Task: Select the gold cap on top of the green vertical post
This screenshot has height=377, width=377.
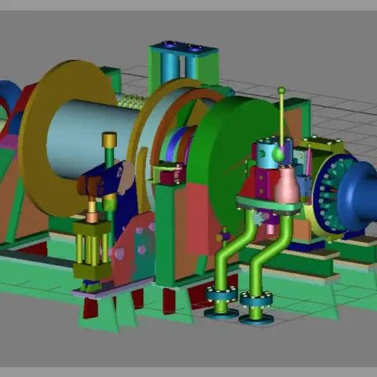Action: tap(109, 140)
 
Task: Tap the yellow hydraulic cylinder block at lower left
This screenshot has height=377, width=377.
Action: tap(92, 247)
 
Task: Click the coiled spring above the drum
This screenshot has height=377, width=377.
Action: tap(131, 101)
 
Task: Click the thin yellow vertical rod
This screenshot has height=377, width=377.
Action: tap(282, 118)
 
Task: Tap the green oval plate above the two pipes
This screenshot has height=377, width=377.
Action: tap(267, 206)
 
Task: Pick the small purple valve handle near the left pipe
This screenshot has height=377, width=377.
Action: tap(225, 235)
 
